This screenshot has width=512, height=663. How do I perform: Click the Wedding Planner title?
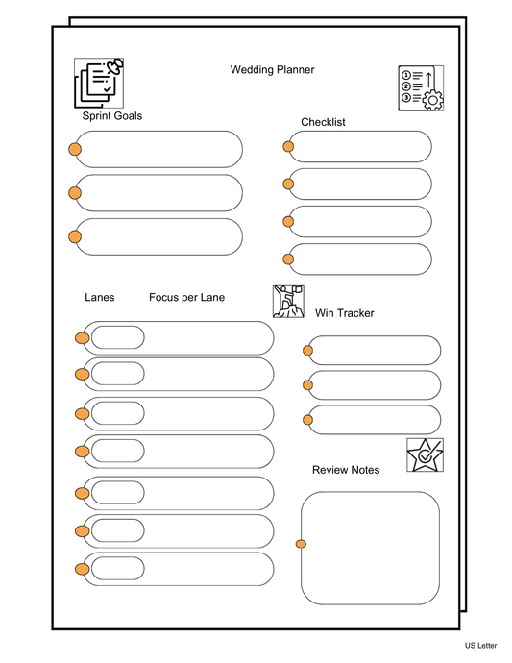click(x=272, y=69)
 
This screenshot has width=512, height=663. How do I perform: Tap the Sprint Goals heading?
click(x=112, y=116)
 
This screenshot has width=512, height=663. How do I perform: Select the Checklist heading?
click(x=323, y=122)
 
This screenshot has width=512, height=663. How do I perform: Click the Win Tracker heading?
click(x=344, y=313)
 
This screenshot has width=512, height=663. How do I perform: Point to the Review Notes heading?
click(x=345, y=470)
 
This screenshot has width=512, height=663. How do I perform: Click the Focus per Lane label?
click(x=186, y=298)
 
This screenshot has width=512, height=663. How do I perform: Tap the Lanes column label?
click(x=100, y=298)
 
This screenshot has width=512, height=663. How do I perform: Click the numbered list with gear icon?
click(x=421, y=88)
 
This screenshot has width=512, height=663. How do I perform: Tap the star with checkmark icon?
click(x=425, y=454)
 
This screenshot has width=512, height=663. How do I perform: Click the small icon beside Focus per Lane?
click(x=288, y=301)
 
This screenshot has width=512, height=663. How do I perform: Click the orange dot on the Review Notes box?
click(x=301, y=545)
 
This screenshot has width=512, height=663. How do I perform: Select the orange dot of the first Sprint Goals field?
click(x=74, y=149)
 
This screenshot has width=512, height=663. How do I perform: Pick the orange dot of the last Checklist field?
click(x=288, y=258)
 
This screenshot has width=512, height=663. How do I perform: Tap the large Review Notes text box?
click(x=372, y=548)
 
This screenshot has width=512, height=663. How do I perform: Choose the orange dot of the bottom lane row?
click(x=83, y=569)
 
